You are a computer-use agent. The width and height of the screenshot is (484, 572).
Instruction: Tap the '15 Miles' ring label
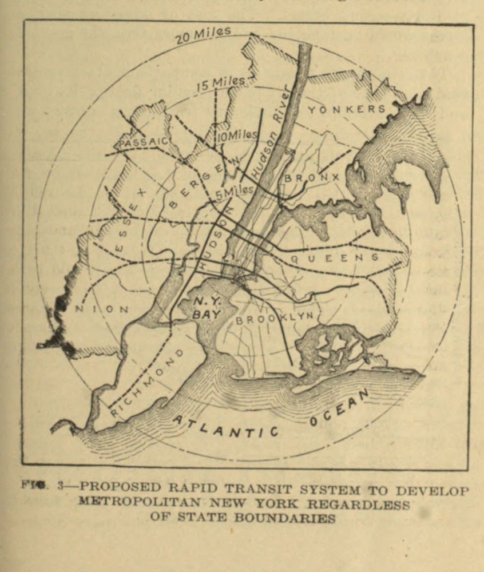click(220, 83)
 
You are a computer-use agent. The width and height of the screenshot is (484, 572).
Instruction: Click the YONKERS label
click(347, 109)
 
